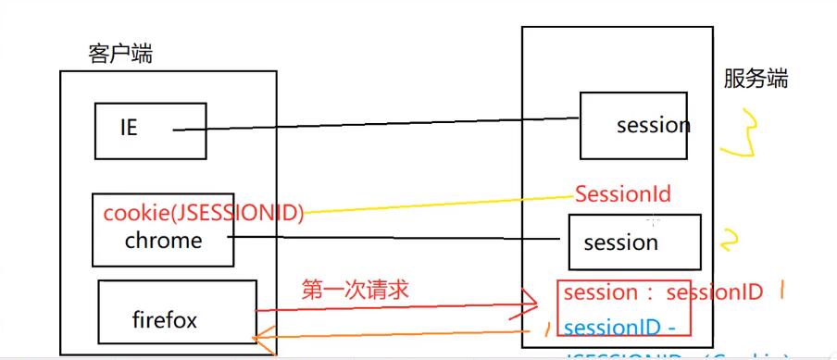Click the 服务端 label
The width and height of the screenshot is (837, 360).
756,79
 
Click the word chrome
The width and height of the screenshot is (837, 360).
163,241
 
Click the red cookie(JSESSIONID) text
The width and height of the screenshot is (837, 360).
204,213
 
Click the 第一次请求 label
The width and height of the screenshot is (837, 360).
356,290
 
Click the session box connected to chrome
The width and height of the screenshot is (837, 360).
634,242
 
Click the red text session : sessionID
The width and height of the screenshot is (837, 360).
663,292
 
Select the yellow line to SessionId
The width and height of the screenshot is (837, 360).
435,203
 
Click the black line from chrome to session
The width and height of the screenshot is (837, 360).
398,238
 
